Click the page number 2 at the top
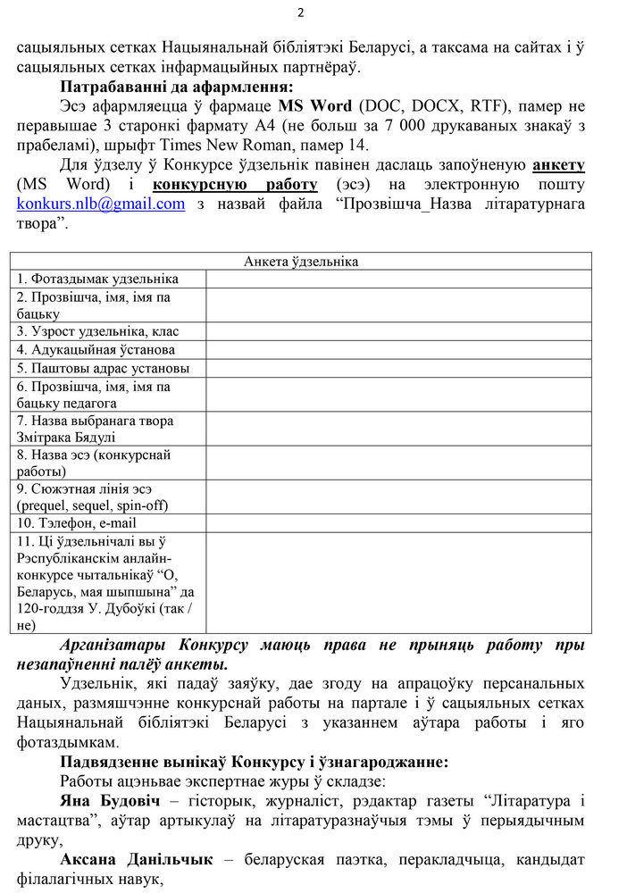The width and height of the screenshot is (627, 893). [x=300, y=13]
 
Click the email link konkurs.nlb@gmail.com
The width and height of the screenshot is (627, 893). [x=101, y=204]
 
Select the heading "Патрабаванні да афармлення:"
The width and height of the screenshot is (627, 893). [x=176, y=87]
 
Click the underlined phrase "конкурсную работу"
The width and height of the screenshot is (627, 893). [x=235, y=184]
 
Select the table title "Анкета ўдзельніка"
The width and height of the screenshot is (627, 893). [x=301, y=261]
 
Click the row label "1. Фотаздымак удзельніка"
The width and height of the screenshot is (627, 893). [x=98, y=280]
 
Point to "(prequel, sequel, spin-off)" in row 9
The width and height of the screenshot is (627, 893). [x=93, y=505]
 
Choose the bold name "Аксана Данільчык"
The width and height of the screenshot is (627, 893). [x=137, y=859]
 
